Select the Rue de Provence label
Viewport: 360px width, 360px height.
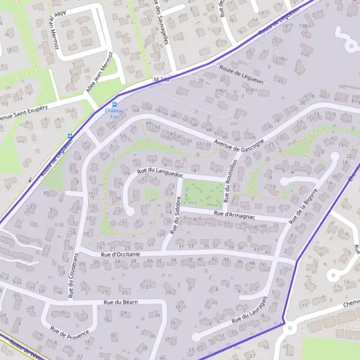70,331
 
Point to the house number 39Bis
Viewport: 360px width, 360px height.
220,90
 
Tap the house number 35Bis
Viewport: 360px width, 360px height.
251,90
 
